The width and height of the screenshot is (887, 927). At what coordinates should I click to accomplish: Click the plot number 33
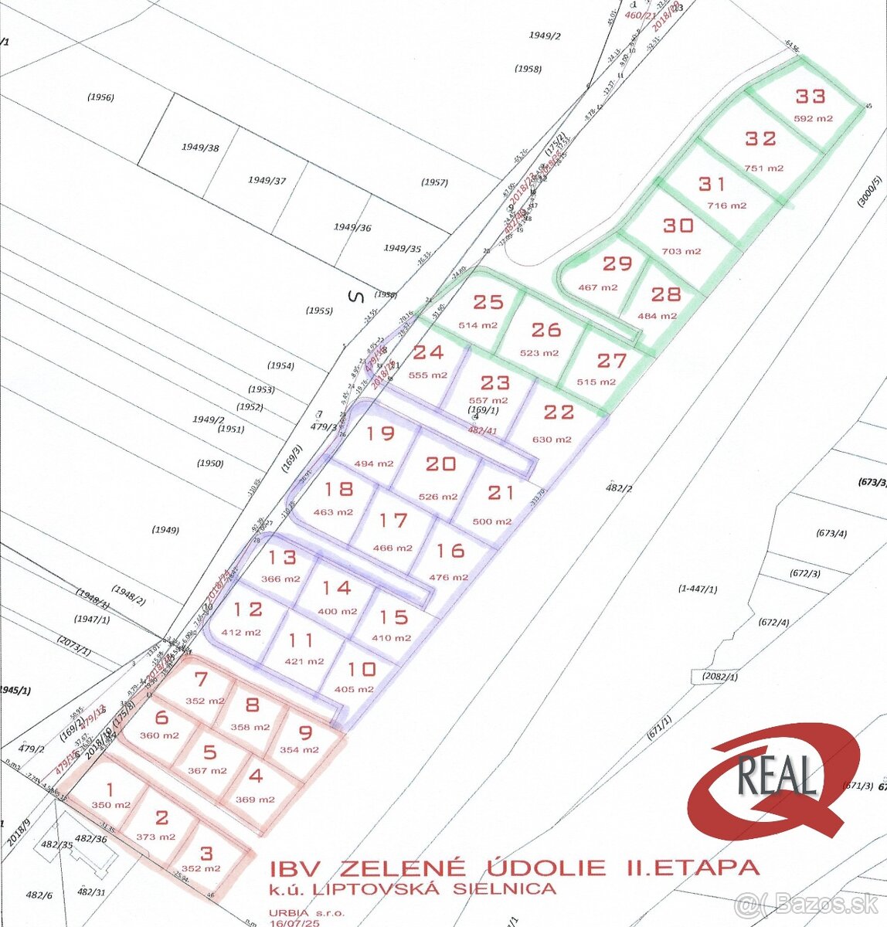pyautogui.click(x=811, y=97)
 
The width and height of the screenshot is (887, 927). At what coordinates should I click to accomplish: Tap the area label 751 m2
pyautogui.click(x=764, y=168)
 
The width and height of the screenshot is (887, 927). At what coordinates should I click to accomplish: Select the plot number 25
pyautogui.click(x=488, y=302)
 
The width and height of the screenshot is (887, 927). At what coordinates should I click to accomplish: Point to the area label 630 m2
pyautogui.click(x=552, y=440)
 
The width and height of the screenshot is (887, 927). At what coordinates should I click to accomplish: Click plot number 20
pyautogui.click(x=440, y=463)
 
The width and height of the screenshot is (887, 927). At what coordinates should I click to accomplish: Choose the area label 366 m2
pyautogui.click(x=280, y=579)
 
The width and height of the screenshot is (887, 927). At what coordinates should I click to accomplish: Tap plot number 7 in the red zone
pyautogui.click(x=201, y=680)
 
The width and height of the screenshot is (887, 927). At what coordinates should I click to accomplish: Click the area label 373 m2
pyautogui.click(x=155, y=837)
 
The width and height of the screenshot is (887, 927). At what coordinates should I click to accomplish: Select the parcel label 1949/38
pyautogui.click(x=200, y=147)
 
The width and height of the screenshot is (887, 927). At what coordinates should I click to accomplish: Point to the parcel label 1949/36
pyautogui.click(x=352, y=227)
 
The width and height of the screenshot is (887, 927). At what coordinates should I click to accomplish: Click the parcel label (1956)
pyautogui.click(x=100, y=97)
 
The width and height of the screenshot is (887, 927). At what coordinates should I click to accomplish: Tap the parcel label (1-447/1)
pyautogui.click(x=698, y=589)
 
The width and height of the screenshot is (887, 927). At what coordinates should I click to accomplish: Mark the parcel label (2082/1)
pyautogui.click(x=720, y=677)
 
